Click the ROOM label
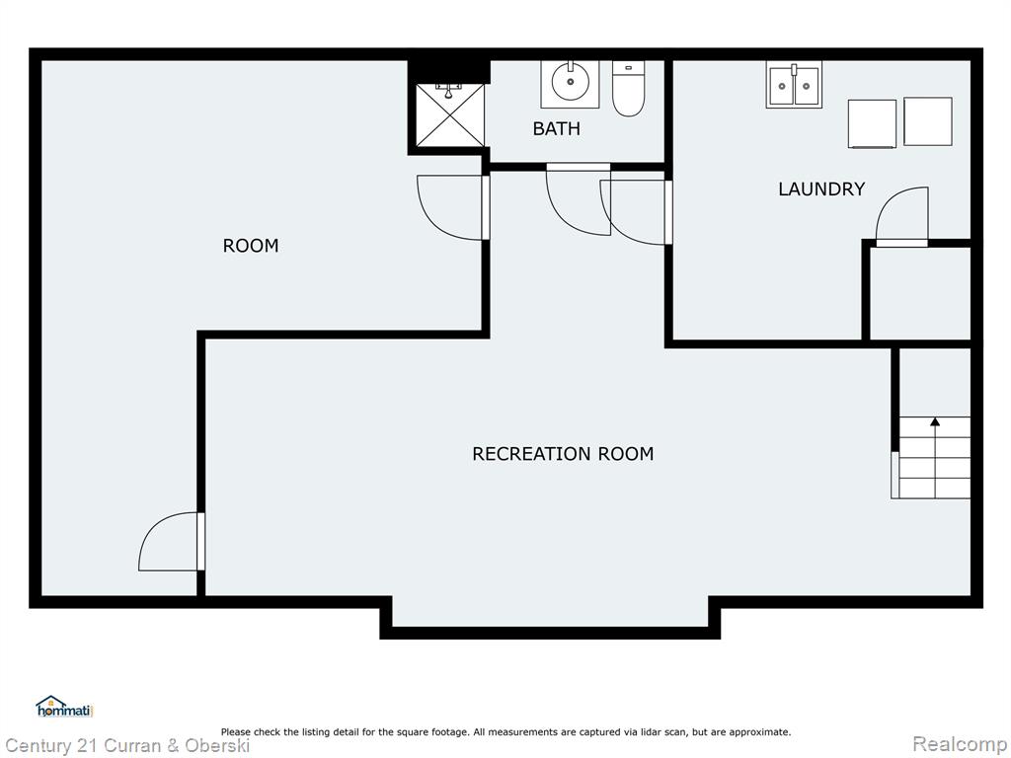tap(251, 246)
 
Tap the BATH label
tap(557, 129)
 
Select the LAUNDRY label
tap(821, 189)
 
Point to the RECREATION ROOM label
tap(563, 454)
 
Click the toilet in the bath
tap(629, 88)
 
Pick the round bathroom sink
tap(570, 83)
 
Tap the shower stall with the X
tap(449, 115)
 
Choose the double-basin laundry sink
tap(794, 85)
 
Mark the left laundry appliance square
tap(872, 123)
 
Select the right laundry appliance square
tap(928, 121)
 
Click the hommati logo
tap(64, 707)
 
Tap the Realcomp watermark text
tap(960, 744)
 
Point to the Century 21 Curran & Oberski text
tap(127, 746)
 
